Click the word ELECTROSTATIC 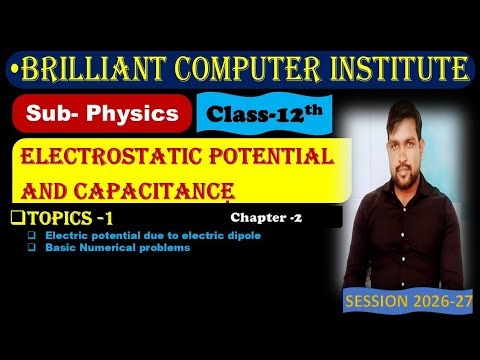coord(103,158)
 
